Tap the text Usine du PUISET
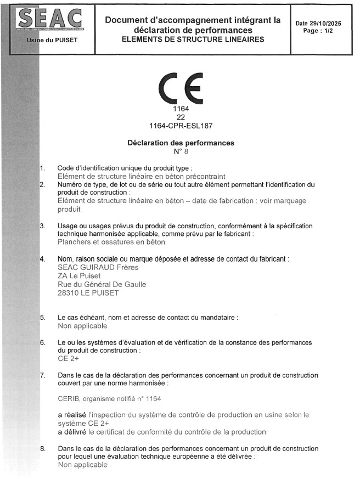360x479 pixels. (x=52, y=40)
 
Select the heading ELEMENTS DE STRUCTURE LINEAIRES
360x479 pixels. (x=193, y=39)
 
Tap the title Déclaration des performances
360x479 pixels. (x=181, y=143)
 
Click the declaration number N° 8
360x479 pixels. (x=181, y=151)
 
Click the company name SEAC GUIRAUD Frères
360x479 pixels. (x=98, y=267)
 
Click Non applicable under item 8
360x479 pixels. (x=82, y=465)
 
